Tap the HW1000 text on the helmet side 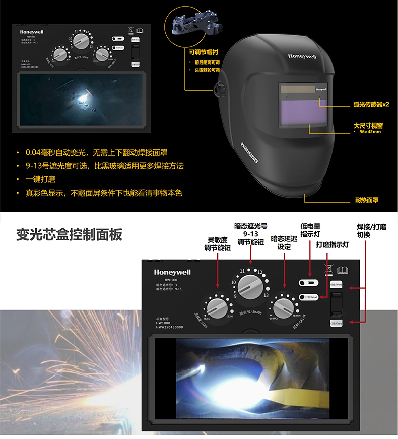(x=249, y=153)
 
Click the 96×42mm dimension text (x=370, y=132)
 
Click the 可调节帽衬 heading (x=204, y=52)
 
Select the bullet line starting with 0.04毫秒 (x=99, y=152)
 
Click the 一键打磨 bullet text (x=42, y=179)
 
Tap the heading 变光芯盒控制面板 (x=69, y=235)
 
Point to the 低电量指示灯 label (x=310, y=230)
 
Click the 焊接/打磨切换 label (x=371, y=231)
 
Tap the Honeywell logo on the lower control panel (x=173, y=273)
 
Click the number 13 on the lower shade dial (x=266, y=295)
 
